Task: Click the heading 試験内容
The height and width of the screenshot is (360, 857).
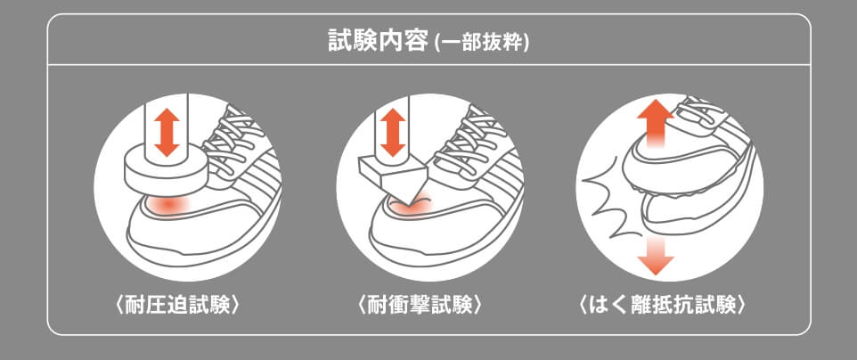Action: (x=378, y=41)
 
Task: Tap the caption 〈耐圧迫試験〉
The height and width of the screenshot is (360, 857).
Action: (x=178, y=305)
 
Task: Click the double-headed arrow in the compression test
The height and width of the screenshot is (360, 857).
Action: (x=163, y=133)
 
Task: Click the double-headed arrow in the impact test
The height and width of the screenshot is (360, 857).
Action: (x=389, y=133)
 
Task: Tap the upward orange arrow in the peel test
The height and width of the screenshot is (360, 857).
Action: (x=655, y=120)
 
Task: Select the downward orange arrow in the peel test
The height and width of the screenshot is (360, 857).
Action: (x=656, y=254)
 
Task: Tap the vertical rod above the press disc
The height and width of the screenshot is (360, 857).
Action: (x=163, y=125)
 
